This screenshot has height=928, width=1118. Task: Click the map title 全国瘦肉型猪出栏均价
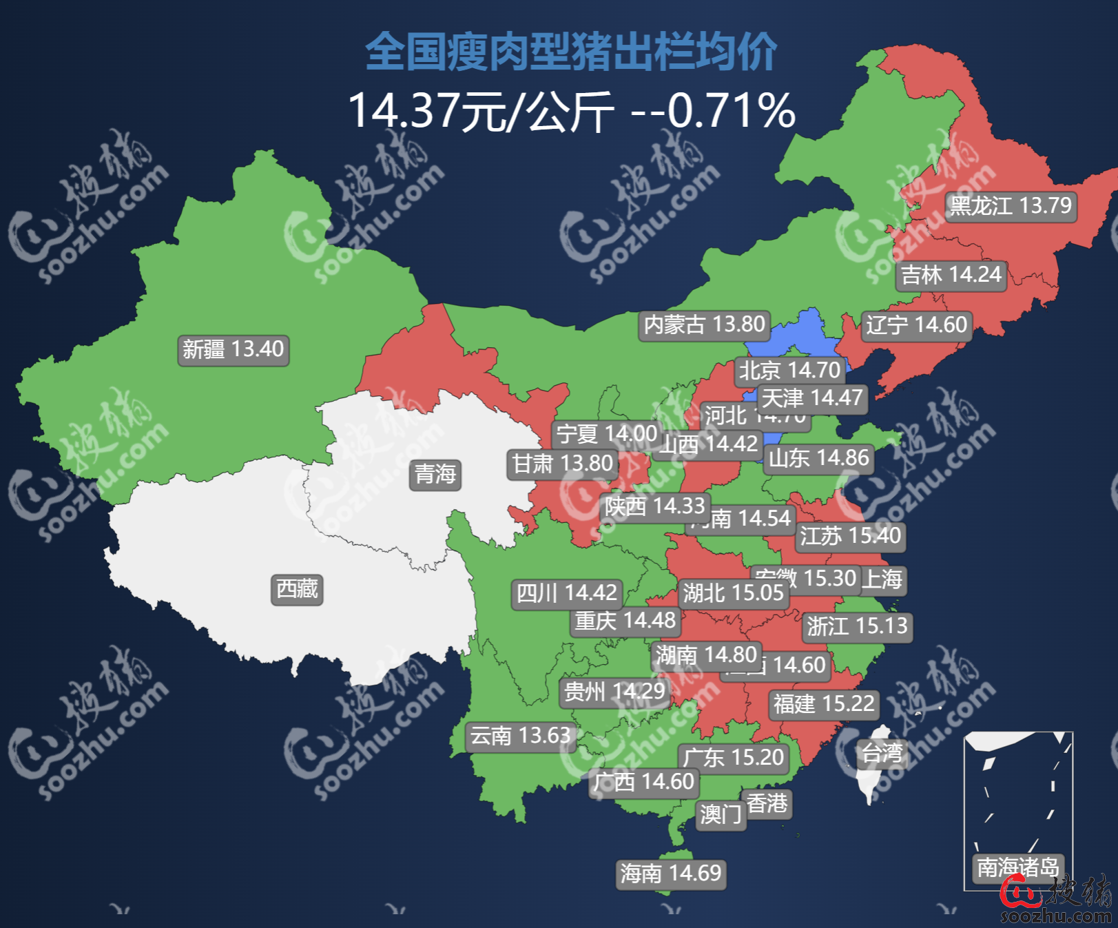(571, 52)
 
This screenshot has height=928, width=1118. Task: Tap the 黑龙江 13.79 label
(1011, 206)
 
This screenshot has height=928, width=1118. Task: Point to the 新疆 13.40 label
(233, 349)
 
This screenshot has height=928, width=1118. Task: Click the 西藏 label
(297, 590)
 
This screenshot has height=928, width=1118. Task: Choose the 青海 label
(435, 474)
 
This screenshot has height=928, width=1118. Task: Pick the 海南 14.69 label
(670, 874)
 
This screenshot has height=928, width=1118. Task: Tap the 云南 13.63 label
(520, 736)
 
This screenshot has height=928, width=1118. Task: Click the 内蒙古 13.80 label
(704, 324)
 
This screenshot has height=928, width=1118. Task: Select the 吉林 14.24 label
(951, 275)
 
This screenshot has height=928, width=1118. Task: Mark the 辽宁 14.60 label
(917, 324)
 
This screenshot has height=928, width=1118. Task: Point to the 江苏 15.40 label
(850, 536)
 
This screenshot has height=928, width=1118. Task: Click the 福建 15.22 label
(824, 704)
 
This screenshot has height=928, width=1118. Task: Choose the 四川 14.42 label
(566, 593)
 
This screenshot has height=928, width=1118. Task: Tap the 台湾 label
(882, 753)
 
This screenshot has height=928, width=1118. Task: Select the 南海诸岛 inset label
(1017, 867)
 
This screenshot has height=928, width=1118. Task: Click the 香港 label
(767, 803)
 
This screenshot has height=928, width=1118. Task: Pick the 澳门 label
(721, 815)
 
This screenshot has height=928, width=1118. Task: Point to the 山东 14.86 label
(818, 459)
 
